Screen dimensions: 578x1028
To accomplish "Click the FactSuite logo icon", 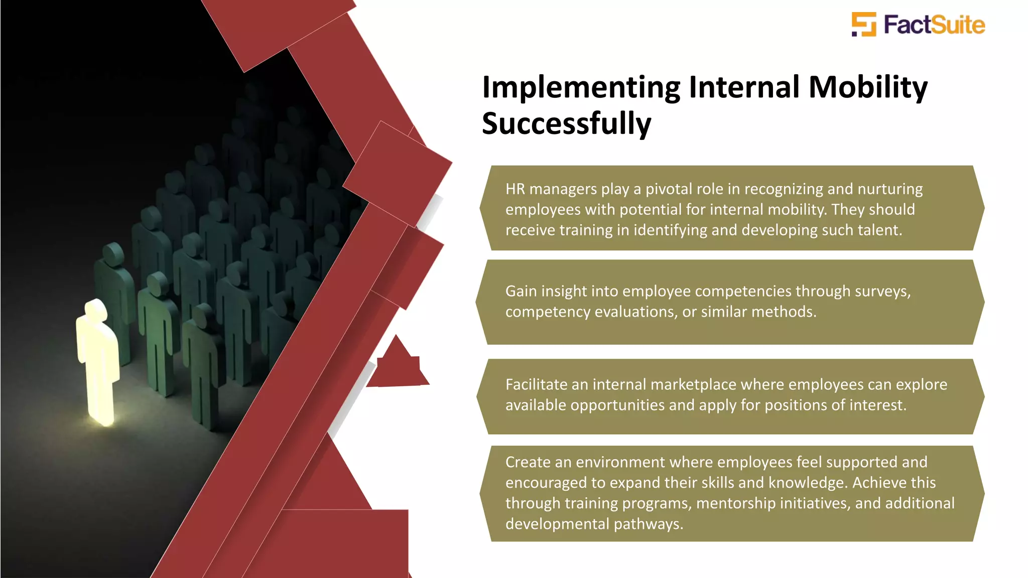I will pyautogui.click(x=864, y=25).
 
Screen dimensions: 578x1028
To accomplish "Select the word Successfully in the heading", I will pyautogui.click(x=566, y=124).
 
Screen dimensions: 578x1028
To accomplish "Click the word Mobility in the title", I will pyautogui.click(x=868, y=87).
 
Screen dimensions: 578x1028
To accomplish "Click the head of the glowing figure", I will pyautogui.click(x=96, y=310).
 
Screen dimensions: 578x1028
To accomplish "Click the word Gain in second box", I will pyautogui.click(x=521, y=291).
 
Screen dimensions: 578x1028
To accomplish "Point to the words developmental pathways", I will pyautogui.click(x=594, y=524).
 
